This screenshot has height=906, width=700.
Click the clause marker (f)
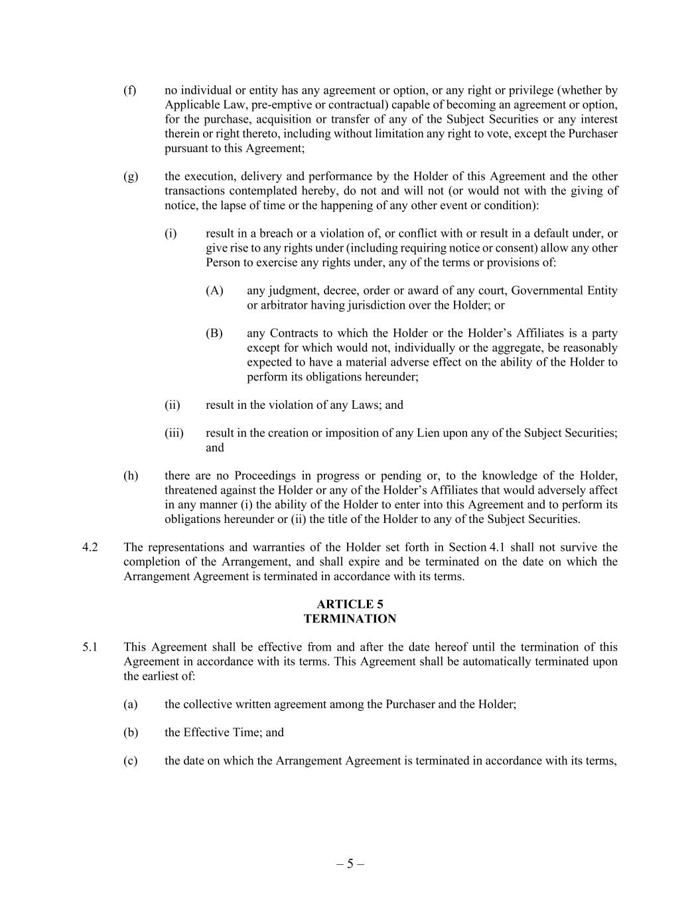129,90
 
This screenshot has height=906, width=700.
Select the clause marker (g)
130,177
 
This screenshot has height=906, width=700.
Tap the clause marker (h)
130,476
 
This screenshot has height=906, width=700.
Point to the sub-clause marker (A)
214,291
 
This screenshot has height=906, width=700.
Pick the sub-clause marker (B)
214,333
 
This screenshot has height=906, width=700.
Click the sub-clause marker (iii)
174,433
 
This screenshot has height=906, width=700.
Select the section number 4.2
91,548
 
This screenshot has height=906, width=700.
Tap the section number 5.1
91,647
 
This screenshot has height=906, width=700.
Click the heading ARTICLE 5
350,604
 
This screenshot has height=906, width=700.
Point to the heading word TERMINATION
350,619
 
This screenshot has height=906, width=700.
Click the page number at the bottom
350,864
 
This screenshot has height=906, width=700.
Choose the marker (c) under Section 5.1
130,761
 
